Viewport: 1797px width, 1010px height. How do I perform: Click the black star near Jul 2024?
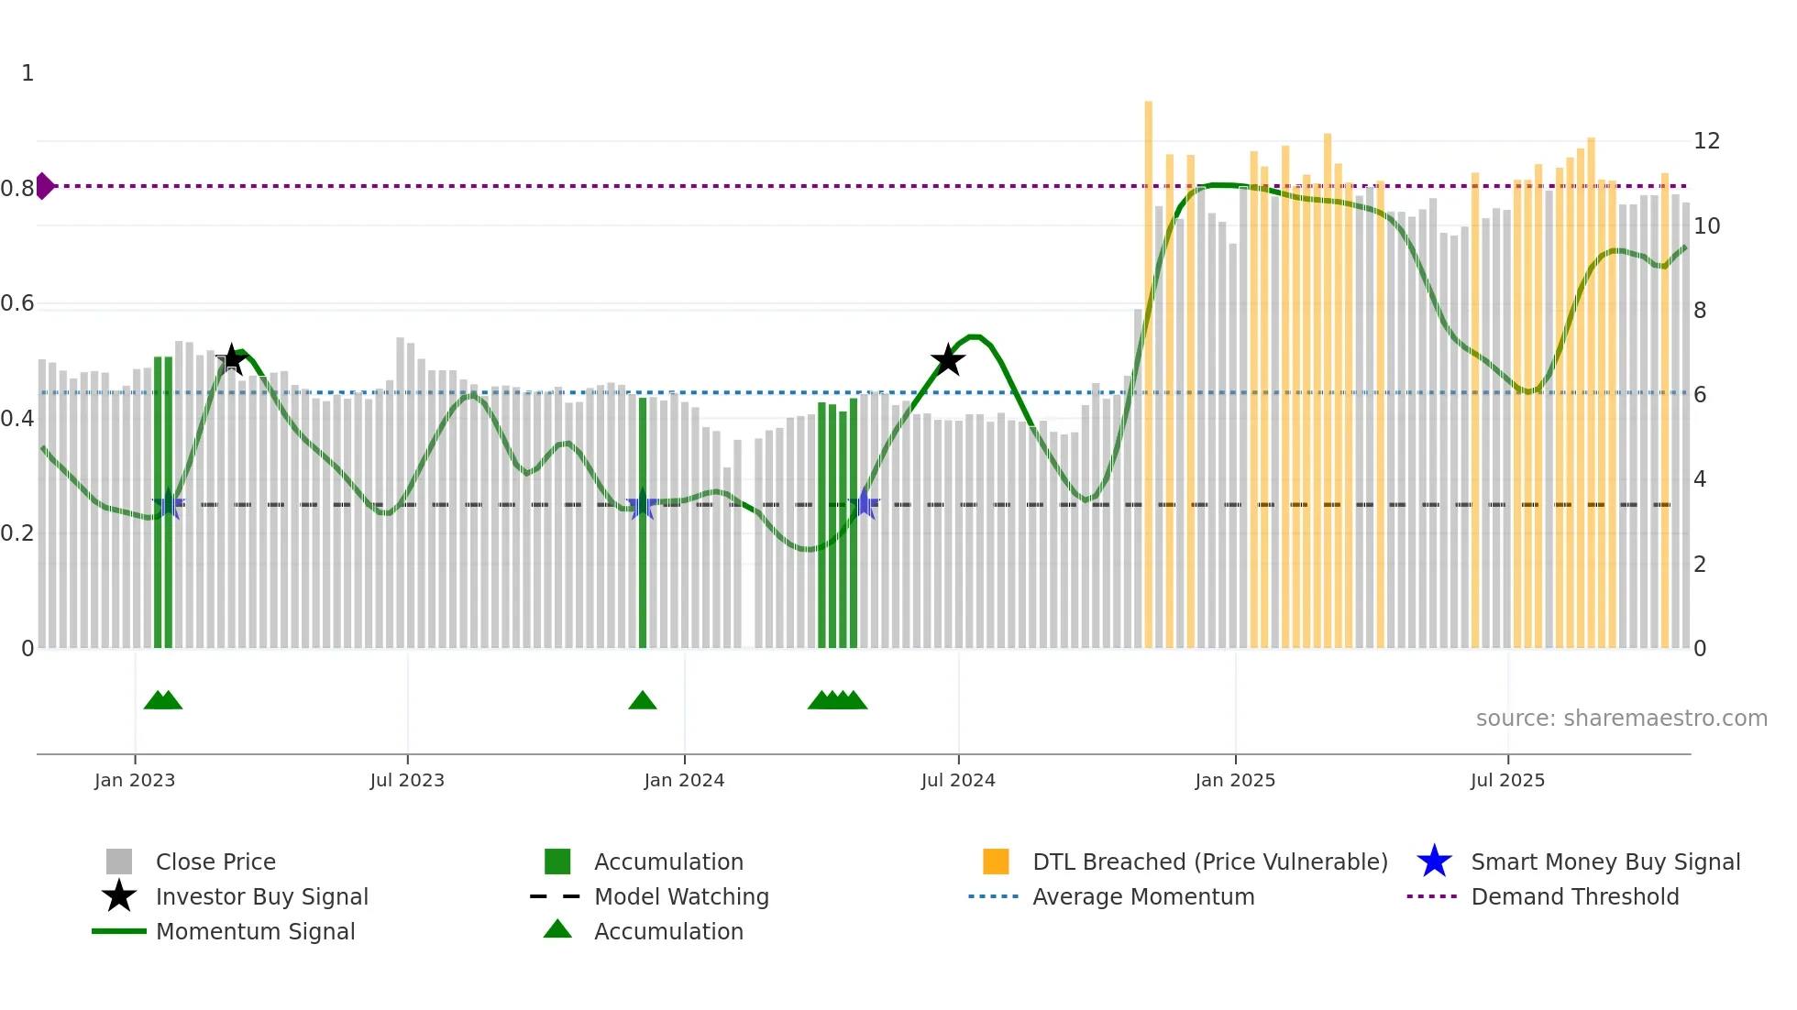(x=947, y=360)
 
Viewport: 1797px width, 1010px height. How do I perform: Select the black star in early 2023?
(x=232, y=359)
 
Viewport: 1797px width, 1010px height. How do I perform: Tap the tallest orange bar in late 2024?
(x=1148, y=367)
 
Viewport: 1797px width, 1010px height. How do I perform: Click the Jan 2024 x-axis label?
(x=684, y=780)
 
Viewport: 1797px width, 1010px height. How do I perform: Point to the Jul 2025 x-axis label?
(x=1507, y=780)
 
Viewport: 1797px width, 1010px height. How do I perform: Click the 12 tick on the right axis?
(x=1706, y=141)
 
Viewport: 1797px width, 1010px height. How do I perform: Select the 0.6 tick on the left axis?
(x=17, y=303)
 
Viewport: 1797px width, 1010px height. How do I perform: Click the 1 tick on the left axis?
(x=28, y=73)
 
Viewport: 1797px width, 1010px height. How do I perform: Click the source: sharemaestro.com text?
(x=1621, y=719)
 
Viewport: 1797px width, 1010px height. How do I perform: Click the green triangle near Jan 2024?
(x=643, y=701)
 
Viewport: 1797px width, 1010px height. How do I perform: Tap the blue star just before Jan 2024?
(x=642, y=504)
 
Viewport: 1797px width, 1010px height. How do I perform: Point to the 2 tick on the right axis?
(x=1700, y=565)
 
